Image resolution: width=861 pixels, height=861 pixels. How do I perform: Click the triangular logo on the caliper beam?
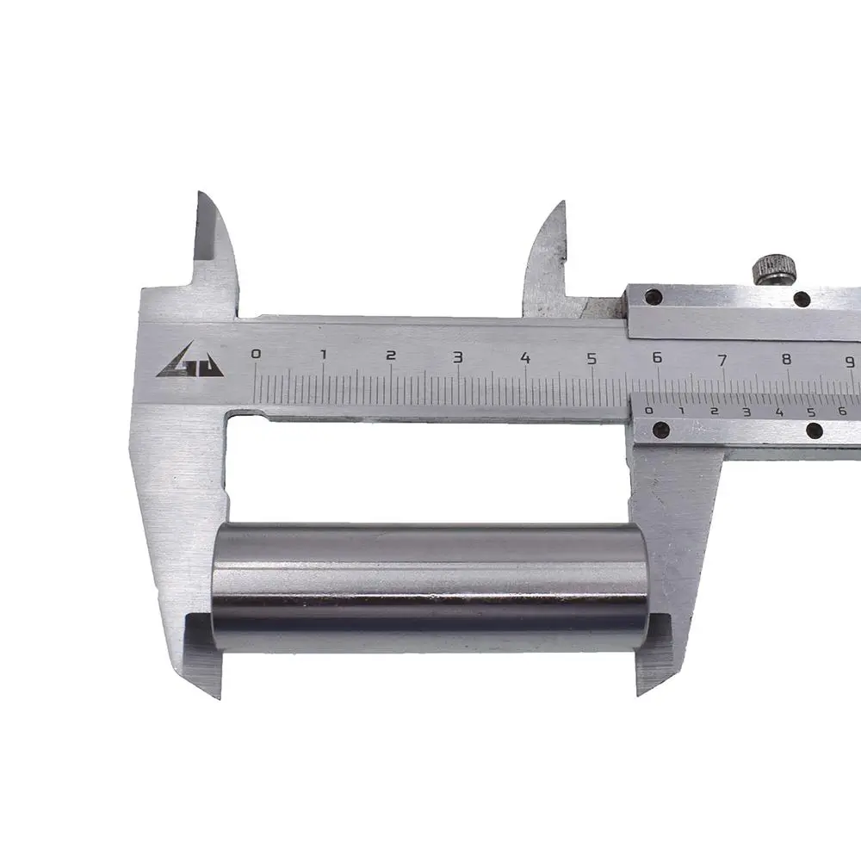(x=190, y=361)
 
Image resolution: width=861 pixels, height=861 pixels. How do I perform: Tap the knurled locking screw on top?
(x=774, y=269)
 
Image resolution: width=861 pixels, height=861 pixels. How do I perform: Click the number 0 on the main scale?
(x=256, y=354)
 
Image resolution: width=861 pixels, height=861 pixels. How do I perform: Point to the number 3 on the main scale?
(x=457, y=357)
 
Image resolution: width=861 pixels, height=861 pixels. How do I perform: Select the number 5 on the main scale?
(x=592, y=358)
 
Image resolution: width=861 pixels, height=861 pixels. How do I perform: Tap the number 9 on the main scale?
(x=850, y=362)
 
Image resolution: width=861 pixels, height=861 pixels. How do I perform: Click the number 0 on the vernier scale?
(x=649, y=410)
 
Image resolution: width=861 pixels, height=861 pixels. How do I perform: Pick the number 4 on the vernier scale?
(x=779, y=412)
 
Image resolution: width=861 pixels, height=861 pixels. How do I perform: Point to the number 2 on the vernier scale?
(x=714, y=411)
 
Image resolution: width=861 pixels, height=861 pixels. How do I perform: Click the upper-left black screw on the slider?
(x=653, y=297)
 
